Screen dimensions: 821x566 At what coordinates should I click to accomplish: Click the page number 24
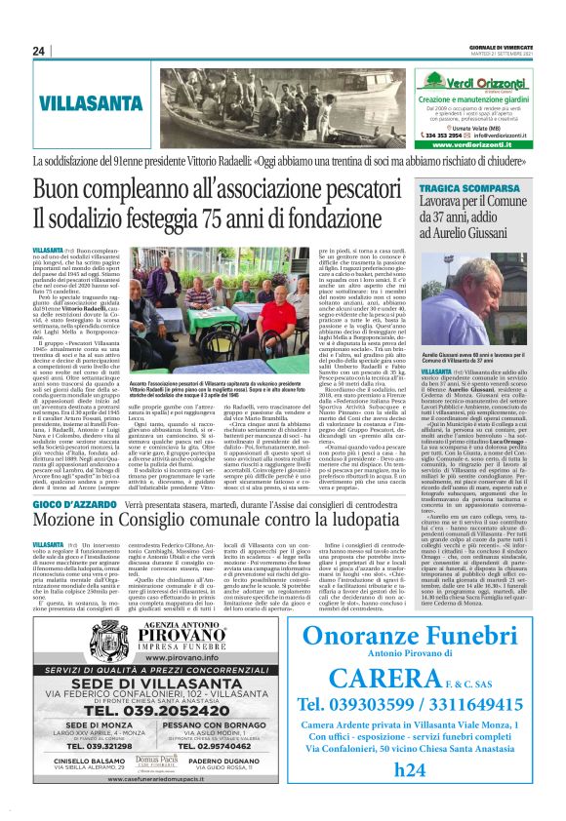pos(40,51)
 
